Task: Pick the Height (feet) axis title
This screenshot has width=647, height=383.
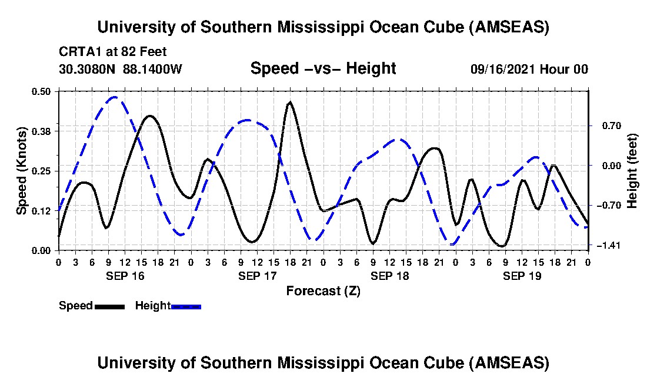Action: click(632, 170)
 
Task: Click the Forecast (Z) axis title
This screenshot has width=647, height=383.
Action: click(323, 290)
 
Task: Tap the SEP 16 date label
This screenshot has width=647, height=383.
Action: click(124, 276)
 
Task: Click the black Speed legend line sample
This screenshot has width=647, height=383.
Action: click(109, 306)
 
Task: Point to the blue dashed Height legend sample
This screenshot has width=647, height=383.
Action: click(186, 306)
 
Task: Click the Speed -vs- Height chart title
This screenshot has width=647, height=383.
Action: click(323, 68)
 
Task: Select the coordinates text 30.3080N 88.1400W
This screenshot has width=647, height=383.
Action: click(121, 69)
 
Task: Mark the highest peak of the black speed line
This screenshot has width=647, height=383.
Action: click(290, 102)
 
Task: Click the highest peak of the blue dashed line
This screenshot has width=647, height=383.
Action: click(114, 97)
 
